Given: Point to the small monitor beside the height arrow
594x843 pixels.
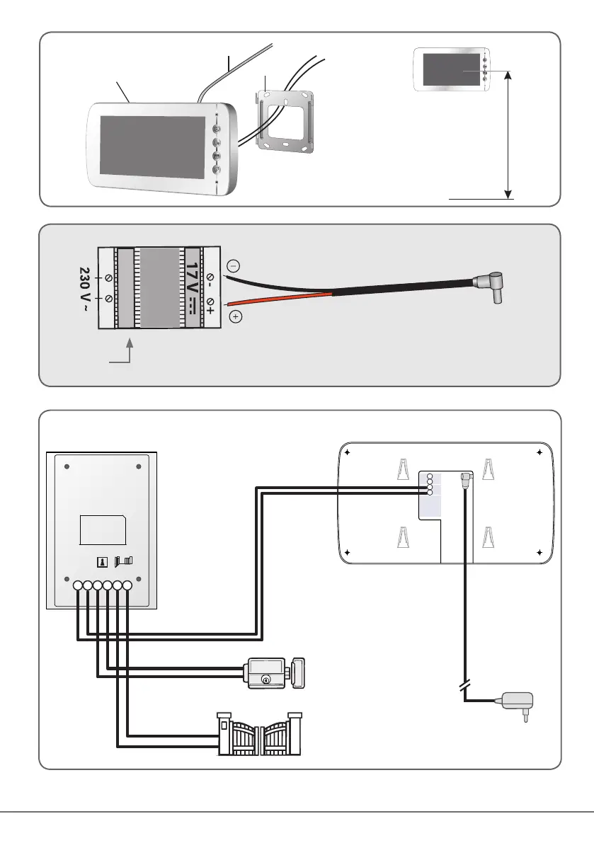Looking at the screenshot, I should tap(451, 70).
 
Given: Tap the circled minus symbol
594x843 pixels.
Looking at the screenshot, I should tap(234, 266).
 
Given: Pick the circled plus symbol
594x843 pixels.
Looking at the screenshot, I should tap(236, 316).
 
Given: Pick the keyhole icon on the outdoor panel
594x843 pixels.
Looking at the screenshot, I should tap(101, 562).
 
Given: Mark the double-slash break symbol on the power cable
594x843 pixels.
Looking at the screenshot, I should tap(464, 686).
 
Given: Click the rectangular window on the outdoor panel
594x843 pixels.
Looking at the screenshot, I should tap(102, 530).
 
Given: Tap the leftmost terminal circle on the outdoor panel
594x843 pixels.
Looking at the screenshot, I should tap(77, 585).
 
